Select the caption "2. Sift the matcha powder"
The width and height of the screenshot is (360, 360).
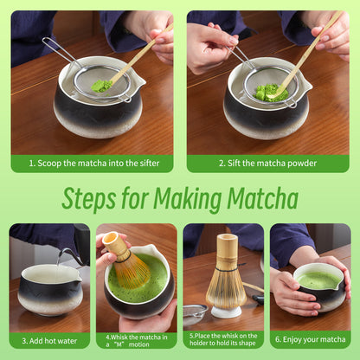[267, 163]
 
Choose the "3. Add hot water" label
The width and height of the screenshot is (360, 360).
[48, 340]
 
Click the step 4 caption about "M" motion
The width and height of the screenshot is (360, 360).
[136, 340]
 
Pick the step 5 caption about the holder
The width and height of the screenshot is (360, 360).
[223, 340]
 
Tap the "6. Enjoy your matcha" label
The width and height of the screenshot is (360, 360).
[310, 340]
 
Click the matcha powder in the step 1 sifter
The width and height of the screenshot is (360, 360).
[101, 87]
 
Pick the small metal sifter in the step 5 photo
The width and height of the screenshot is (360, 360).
[196, 310]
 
